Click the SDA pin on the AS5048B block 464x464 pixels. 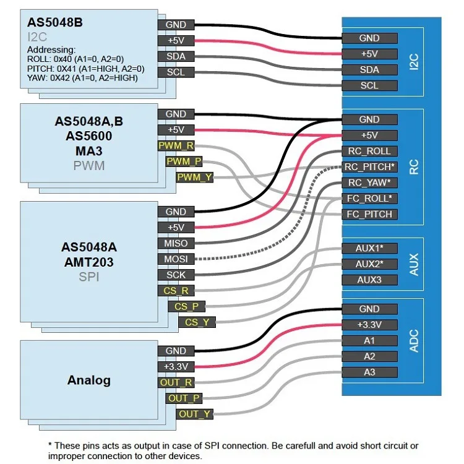click(176, 56)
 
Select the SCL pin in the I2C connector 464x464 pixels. click(369, 86)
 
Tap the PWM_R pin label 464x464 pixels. click(176, 146)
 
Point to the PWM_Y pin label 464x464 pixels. click(195, 178)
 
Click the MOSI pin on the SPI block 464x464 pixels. click(176, 259)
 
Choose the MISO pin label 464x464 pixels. click(176, 243)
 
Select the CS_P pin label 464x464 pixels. click(186, 306)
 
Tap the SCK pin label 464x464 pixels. click(176, 275)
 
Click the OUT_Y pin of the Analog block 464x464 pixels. click(195, 414)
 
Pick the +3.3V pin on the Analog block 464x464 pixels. click(176, 367)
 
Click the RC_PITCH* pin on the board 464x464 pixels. click(369, 167)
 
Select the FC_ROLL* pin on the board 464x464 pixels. click(369, 199)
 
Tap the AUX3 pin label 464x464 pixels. click(369, 280)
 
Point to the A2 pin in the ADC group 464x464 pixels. click(369, 356)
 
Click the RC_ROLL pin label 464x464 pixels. click(369, 151)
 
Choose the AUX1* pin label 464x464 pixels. click(369, 248)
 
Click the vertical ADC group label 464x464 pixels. click(415, 341)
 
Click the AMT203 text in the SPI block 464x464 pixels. click(88, 262)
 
